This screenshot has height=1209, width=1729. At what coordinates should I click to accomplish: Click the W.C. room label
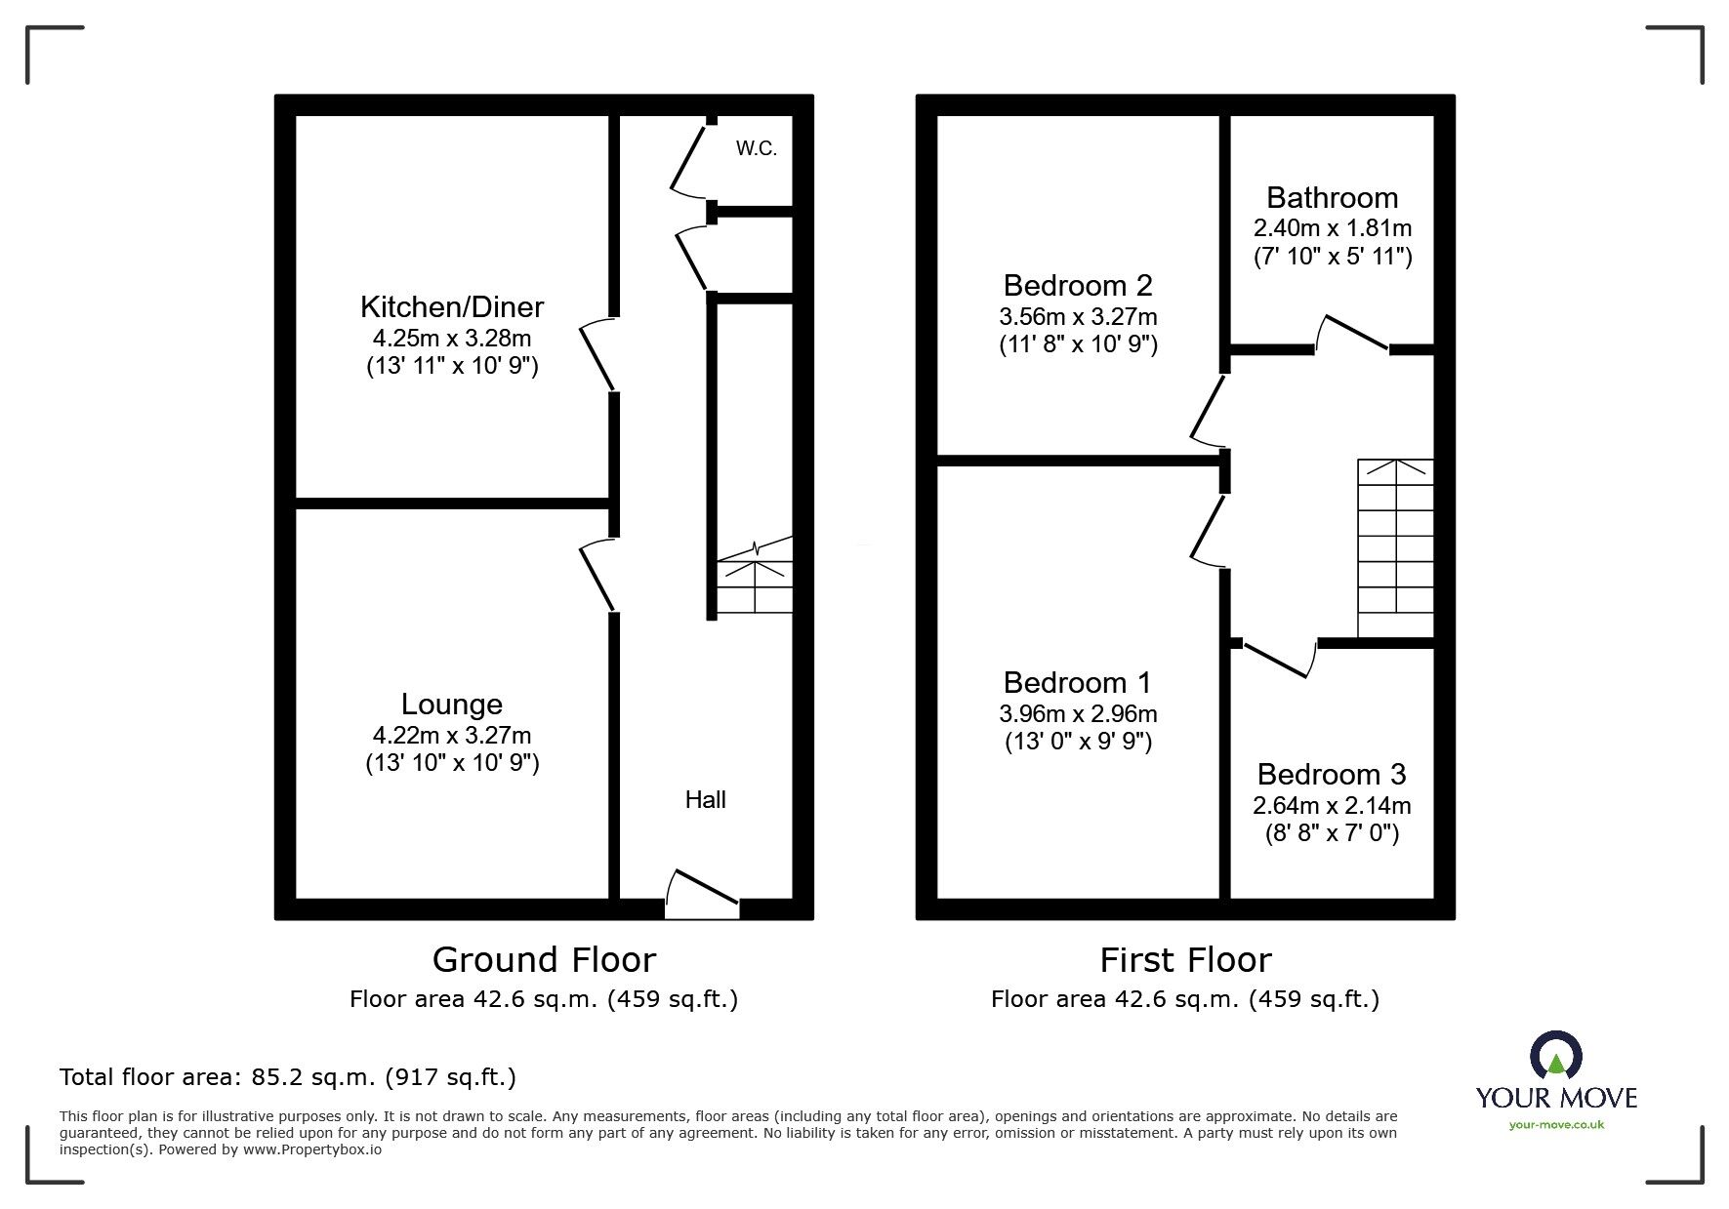point(756,149)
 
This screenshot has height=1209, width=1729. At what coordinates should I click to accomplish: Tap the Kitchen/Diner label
point(451,306)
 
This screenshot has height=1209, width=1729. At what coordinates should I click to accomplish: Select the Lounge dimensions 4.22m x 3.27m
point(451,735)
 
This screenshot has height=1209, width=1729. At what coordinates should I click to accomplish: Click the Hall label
point(705,800)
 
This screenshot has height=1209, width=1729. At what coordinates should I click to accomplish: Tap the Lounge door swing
point(597,576)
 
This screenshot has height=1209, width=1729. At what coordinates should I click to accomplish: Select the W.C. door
point(688,156)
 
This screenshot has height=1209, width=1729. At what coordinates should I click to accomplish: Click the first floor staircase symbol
point(1395,548)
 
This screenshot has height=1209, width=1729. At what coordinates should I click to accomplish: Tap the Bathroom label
point(1332,198)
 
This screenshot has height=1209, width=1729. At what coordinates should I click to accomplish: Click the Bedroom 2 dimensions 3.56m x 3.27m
point(1078,316)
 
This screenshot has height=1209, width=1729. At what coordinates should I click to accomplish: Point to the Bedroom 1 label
point(1077,682)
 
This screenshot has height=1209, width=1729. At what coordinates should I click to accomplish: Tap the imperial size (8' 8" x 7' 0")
point(1332,833)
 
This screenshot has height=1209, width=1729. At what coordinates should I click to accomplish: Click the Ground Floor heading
point(544,960)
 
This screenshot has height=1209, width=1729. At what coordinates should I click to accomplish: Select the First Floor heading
point(1185,960)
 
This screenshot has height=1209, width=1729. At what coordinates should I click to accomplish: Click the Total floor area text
point(288,1077)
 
